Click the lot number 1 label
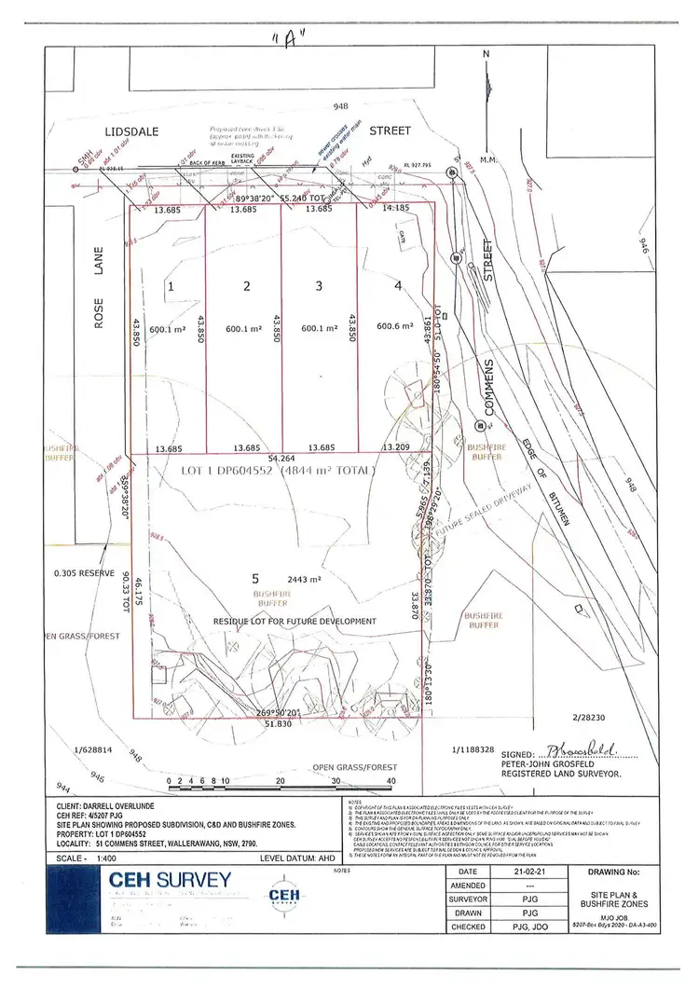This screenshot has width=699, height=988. click(x=171, y=286)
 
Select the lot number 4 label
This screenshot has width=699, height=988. click(x=398, y=286)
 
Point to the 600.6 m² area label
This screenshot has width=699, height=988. click(x=394, y=326)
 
